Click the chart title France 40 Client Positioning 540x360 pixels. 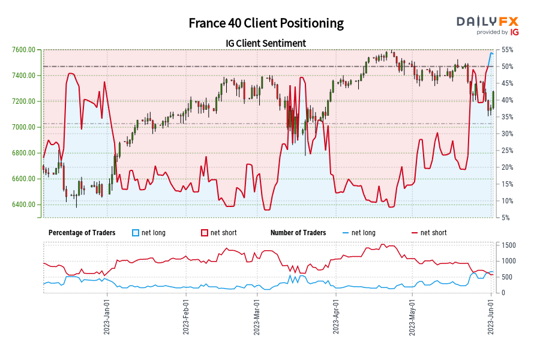[266, 23]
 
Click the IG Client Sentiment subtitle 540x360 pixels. [266, 43]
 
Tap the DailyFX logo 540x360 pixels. [488, 21]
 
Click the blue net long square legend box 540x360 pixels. [136, 233]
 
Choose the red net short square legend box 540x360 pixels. [205, 233]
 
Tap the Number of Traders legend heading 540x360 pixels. [298, 233]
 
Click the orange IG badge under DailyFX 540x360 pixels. [514, 32]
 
